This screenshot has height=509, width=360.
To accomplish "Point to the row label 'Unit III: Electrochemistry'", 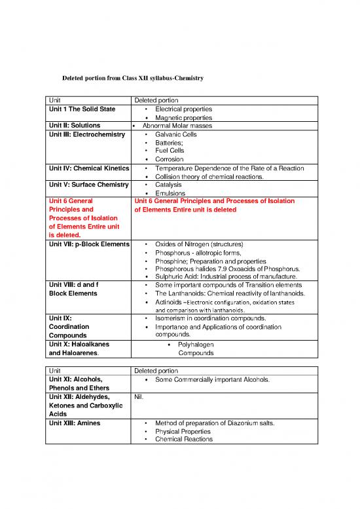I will coord(86,134).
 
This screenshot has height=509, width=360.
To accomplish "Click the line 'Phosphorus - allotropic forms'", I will coord(198,252).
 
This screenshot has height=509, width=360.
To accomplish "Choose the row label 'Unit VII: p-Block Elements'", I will coord(88,244).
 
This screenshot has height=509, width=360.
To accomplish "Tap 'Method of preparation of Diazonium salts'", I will coord(215,423).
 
